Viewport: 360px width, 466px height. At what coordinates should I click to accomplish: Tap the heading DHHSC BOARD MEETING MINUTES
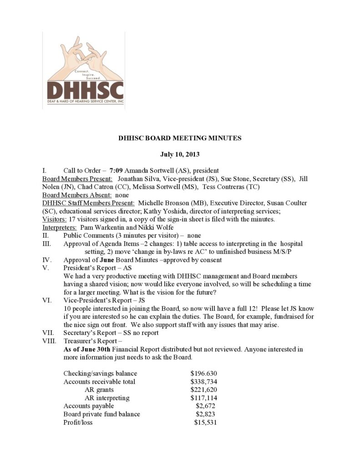(x=180, y=138)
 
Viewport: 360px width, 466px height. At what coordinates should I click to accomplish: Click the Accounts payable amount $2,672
(x=205, y=406)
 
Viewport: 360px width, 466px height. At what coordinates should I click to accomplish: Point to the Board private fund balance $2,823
(x=205, y=414)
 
